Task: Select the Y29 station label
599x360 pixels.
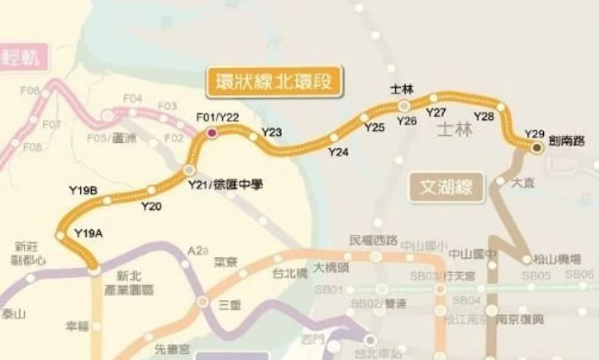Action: click(534, 133)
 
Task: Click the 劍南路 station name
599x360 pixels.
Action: click(570, 146)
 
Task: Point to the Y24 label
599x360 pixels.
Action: click(339, 152)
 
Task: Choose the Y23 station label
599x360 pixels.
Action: click(272, 132)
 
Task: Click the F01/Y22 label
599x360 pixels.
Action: click(218, 117)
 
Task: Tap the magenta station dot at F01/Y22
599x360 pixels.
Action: click(211, 133)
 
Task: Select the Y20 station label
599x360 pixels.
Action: click(151, 206)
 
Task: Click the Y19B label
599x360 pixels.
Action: click(83, 190)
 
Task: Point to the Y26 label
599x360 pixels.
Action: click(407, 121)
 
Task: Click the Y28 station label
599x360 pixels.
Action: click(484, 117)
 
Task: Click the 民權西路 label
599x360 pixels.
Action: click(373, 239)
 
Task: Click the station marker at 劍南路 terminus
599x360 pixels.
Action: click(538, 147)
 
